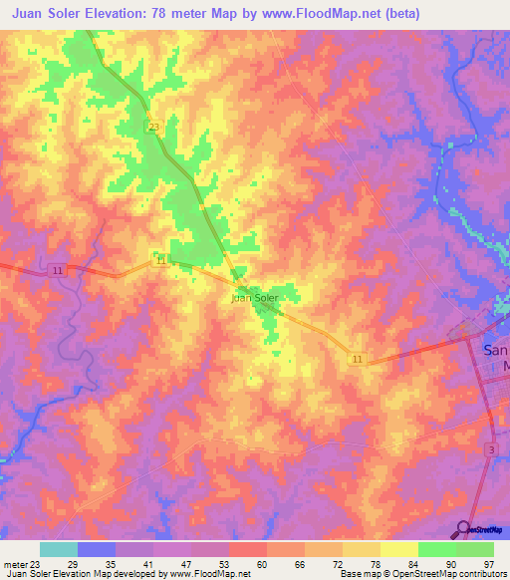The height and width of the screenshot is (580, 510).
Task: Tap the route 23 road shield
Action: (152, 127)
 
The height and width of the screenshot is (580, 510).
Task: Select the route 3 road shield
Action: (492, 451)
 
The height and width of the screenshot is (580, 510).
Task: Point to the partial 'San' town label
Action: (495, 350)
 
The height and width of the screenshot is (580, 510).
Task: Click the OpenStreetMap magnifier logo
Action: (464, 528)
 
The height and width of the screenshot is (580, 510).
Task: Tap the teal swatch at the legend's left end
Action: (59, 549)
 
